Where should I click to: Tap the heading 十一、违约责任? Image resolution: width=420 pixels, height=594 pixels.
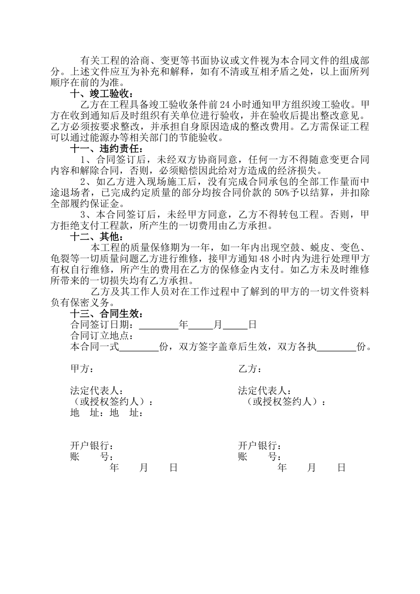click(106, 148)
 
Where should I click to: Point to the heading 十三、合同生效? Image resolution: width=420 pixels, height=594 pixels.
click(107, 314)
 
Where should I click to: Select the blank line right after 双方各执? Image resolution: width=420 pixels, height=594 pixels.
click(336, 347)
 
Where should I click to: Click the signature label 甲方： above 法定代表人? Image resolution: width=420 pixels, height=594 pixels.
click(82, 369)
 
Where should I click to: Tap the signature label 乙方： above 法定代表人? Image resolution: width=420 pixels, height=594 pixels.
click(249, 369)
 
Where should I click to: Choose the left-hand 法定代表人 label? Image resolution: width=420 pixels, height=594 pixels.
click(96, 391)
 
